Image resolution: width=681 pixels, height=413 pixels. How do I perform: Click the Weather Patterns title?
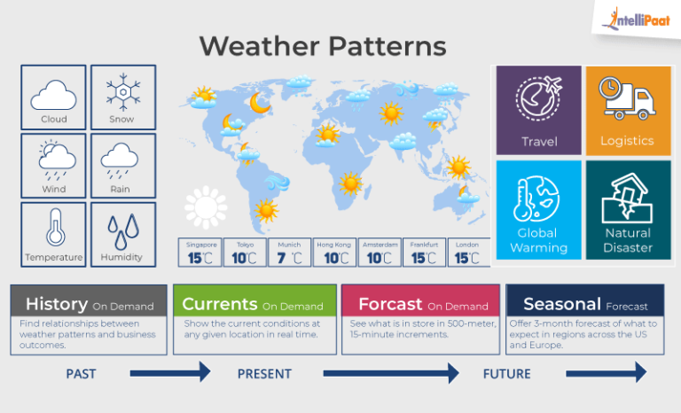click(322, 45)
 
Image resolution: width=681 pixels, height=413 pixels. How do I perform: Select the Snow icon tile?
click(122, 97)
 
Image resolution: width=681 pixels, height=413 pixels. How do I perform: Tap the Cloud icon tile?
click(53, 97)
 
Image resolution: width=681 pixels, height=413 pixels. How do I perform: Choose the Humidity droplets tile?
click(122, 235)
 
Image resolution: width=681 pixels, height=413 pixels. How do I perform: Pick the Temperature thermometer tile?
click(53, 235)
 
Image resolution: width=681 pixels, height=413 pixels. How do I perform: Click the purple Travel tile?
click(538, 110)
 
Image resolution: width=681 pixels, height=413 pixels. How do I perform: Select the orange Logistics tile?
click(627, 110)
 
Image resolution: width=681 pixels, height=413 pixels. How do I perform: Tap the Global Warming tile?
click(538, 210)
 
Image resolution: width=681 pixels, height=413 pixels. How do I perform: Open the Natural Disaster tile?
click(627, 210)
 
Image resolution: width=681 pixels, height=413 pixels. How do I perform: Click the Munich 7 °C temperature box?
click(289, 253)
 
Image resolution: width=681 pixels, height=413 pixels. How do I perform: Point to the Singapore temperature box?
click(200, 253)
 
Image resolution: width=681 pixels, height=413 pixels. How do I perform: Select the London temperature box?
click(466, 253)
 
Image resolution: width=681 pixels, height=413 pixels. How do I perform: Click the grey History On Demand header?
click(89, 303)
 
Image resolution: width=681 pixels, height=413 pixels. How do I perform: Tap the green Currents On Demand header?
click(254, 303)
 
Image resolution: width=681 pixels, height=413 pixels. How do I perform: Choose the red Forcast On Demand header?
click(420, 303)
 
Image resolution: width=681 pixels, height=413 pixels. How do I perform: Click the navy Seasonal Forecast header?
click(584, 303)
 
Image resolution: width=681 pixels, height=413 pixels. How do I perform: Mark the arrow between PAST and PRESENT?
click(170, 373)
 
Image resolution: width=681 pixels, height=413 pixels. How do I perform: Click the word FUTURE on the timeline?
click(506, 374)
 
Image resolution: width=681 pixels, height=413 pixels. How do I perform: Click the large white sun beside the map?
click(206, 207)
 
